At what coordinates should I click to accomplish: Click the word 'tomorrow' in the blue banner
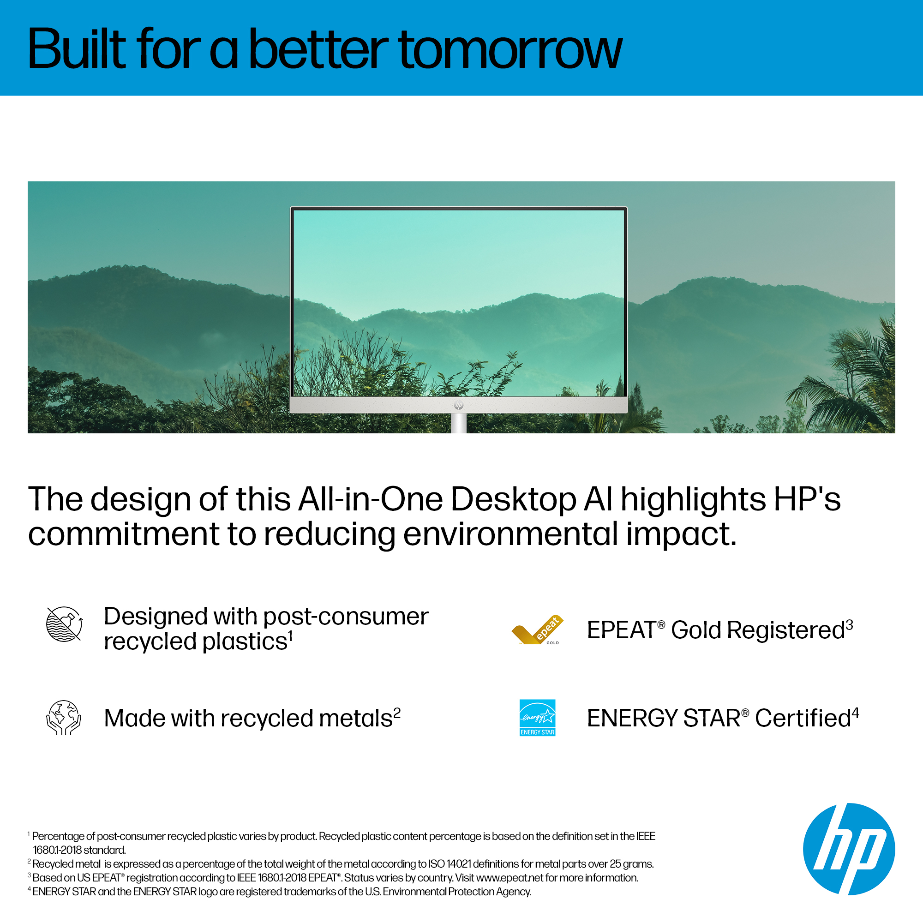(x=510, y=50)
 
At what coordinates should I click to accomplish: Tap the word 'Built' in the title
(x=77, y=48)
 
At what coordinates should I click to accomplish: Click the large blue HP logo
(x=849, y=849)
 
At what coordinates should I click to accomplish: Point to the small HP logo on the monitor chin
(x=459, y=406)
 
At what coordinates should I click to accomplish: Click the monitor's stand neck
(x=459, y=423)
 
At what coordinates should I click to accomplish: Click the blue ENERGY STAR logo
(x=538, y=718)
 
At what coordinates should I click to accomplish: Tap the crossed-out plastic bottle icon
(x=64, y=624)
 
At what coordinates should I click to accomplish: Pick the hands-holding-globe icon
(x=64, y=718)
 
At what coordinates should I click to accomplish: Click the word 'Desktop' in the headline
(x=514, y=500)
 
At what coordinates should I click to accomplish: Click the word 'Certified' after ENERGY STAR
(x=803, y=718)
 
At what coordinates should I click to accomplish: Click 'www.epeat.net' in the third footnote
(x=510, y=878)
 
